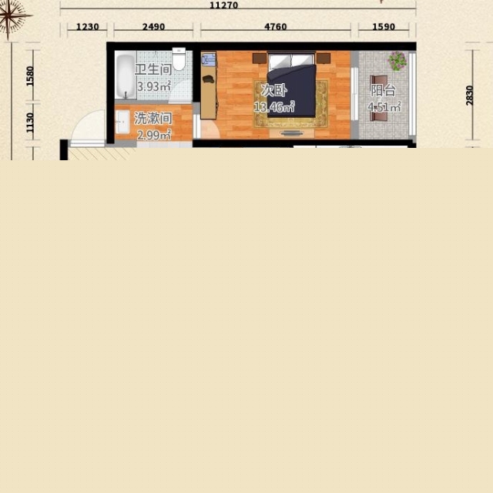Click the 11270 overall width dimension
pyautogui.click(x=223, y=5)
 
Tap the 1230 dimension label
pyautogui.click(x=87, y=27)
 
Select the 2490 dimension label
pyautogui.click(x=153, y=27)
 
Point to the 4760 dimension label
pyautogui.click(x=276, y=27)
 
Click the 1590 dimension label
pyautogui.click(x=384, y=27)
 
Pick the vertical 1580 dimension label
pyautogui.click(x=30, y=75)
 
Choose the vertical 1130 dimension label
pyautogui.click(x=30, y=122)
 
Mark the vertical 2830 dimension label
pyautogui.click(x=469, y=96)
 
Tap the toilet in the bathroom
pyautogui.click(x=179, y=59)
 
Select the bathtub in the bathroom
pyautogui.click(x=126, y=75)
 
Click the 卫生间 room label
pyautogui.click(x=153, y=69)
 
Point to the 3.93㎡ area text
pyautogui.click(x=154, y=86)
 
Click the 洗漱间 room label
pyautogui.click(x=153, y=118)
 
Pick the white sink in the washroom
pyautogui.click(x=122, y=122)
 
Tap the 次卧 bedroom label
pyautogui.click(x=274, y=90)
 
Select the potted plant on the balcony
pyautogui.click(x=397, y=61)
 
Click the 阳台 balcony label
pyautogui.click(x=383, y=91)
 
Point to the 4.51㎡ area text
pyautogui.click(x=384, y=107)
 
